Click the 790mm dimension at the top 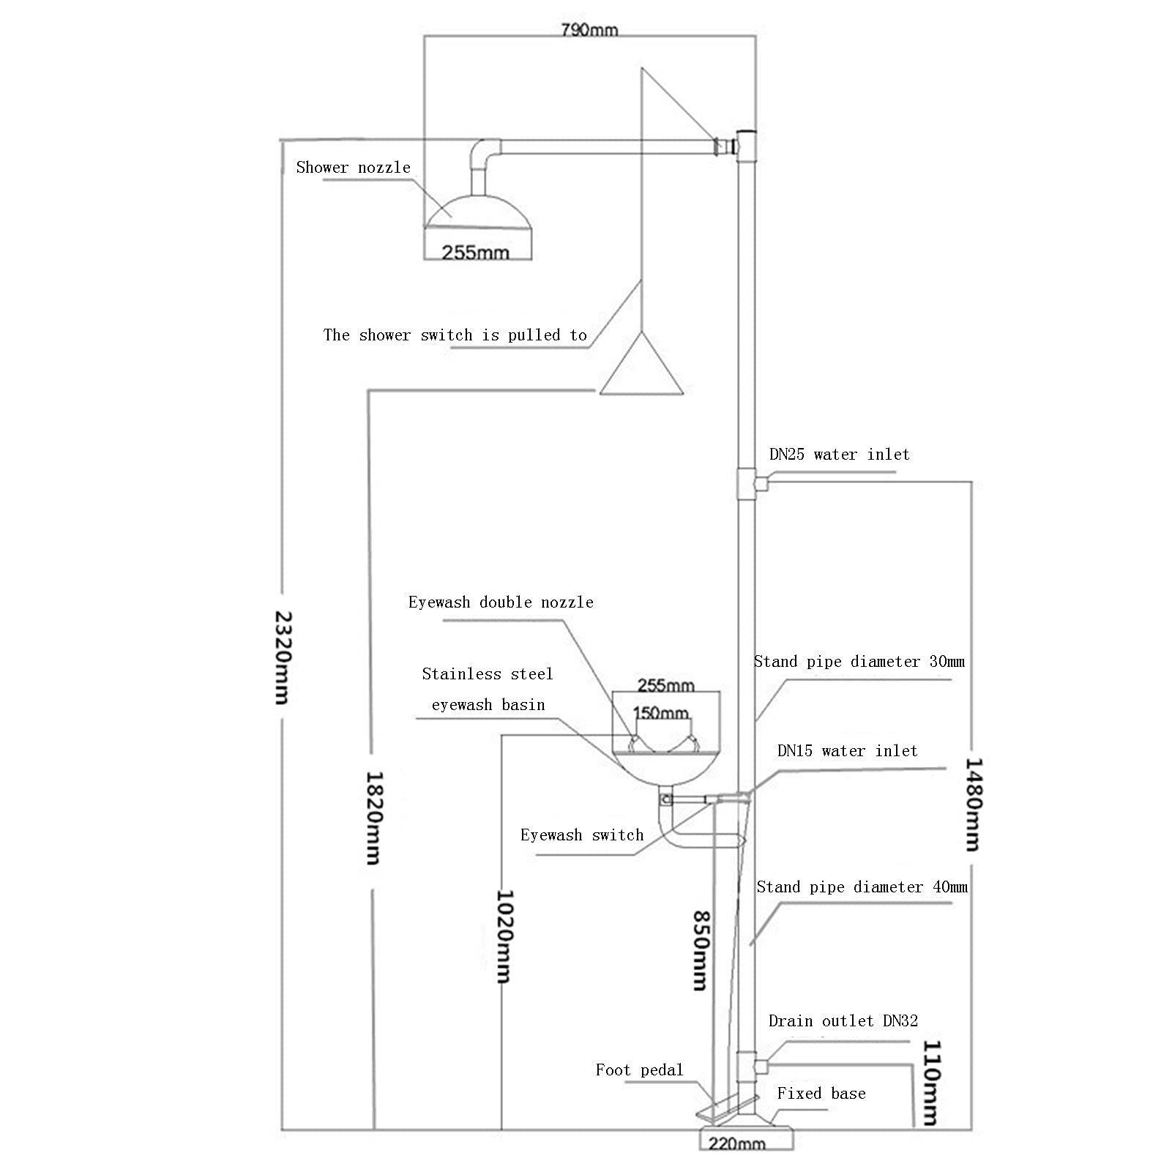point(589,30)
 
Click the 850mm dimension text point(701,950)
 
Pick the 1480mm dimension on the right point(972,804)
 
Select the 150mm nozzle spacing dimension point(660,712)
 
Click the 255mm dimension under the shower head point(476,253)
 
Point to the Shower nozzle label point(353,168)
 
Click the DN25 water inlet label point(839,454)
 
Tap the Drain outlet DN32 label point(843,1020)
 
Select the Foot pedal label point(639,1070)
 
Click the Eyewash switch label point(582,835)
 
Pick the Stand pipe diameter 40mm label point(862,887)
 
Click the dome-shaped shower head point(478,212)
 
